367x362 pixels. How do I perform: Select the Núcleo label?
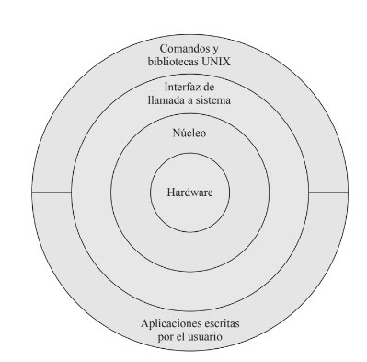pyautogui.click(x=189, y=134)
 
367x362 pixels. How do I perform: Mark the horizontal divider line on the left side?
pyautogui.click(x=51, y=193)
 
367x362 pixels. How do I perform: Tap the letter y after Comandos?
pyautogui.click(x=216, y=49)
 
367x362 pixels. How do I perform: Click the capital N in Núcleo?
pyautogui.click(x=176, y=134)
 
